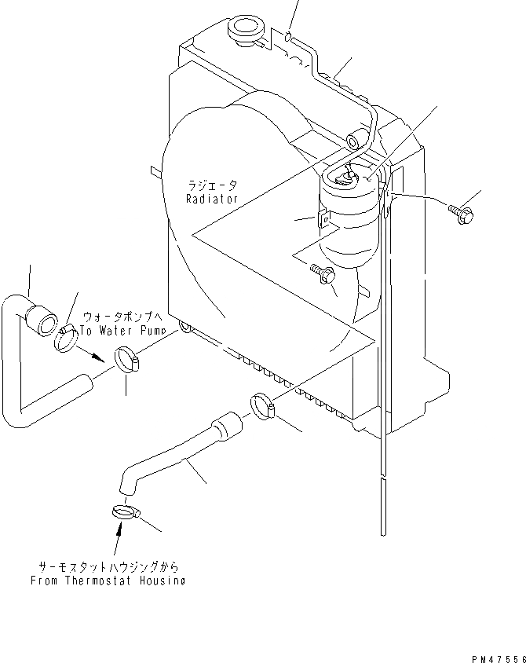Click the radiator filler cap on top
pos(242,32)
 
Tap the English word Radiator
pos(211,200)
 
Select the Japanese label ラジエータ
pos(211,187)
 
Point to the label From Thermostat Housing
pos(108,581)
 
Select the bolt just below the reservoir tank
pos(323,273)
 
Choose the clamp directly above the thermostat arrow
pos(123,512)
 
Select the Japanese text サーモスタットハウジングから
pos(108,567)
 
